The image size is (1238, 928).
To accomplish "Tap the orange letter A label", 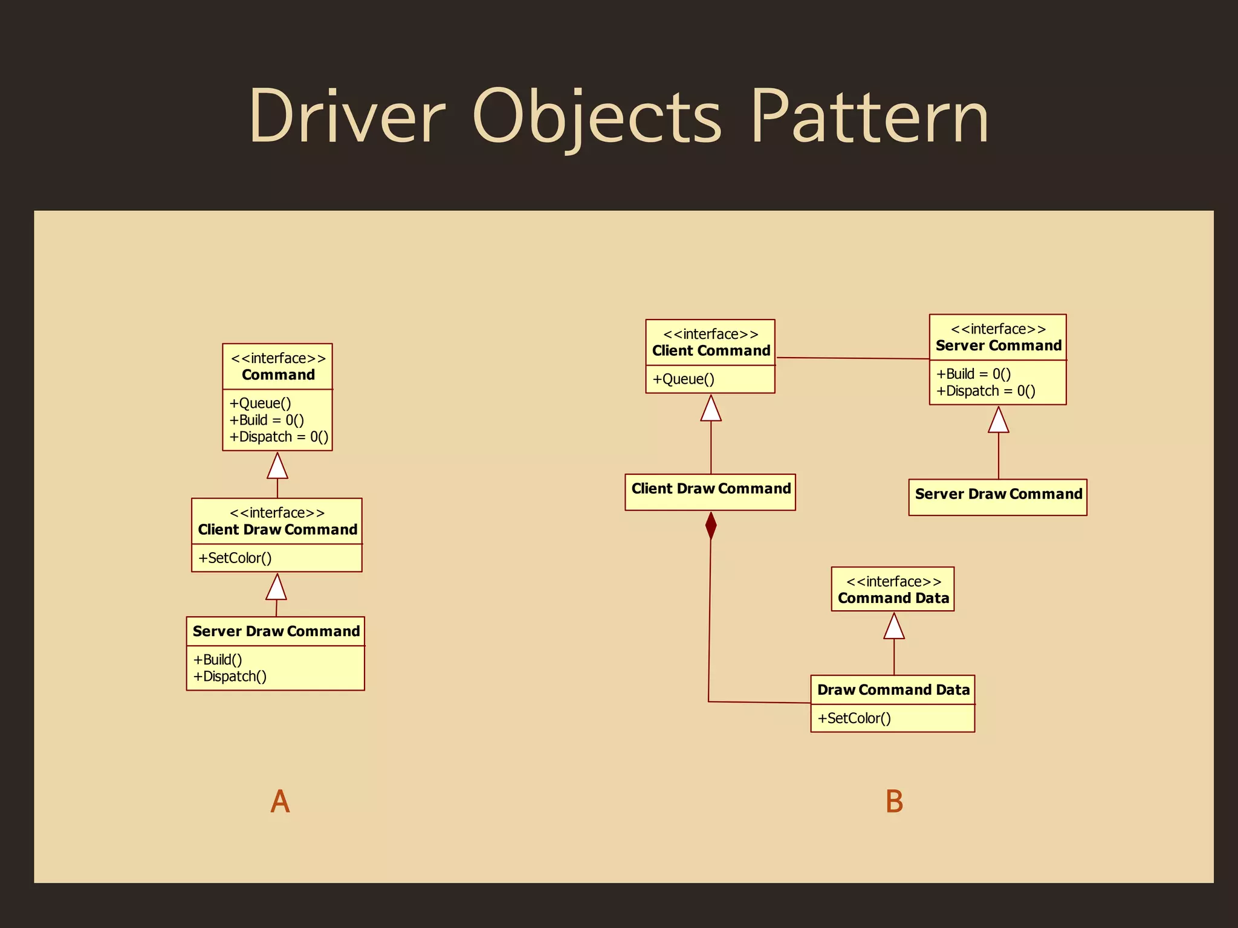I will point(280,802).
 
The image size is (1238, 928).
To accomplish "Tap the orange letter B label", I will point(894,802).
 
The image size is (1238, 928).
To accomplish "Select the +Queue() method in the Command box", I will point(260,403).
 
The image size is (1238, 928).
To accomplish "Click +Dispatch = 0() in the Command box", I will point(279,437).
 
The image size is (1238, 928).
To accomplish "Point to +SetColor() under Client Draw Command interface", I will point(235,558).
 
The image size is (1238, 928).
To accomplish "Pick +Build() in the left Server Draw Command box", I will point(218,659).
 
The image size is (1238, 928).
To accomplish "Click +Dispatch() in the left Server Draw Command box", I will point(230,676).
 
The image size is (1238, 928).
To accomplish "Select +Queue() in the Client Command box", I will point(683,379).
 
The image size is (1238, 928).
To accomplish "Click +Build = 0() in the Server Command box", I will point(973,374).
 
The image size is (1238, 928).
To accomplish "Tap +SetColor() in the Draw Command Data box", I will point(854,718).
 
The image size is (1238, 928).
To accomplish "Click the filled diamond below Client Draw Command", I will point(711,526).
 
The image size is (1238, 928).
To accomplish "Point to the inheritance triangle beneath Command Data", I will point(894,627).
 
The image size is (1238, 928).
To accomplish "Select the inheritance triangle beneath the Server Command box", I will point(998,420).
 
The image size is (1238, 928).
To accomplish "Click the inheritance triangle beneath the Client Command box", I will point(711,409).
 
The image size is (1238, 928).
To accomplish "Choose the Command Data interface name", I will point(893,598).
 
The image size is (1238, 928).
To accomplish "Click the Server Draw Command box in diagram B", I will point(998,497).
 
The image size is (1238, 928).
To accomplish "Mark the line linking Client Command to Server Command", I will point(852,358).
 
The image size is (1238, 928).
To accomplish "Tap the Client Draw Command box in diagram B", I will point(710,492).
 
